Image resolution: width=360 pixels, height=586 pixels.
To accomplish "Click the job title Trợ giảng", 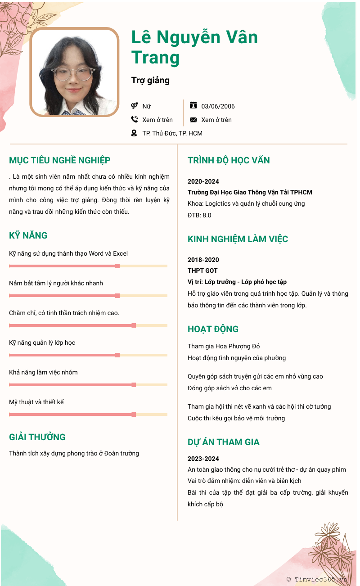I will point(150,81).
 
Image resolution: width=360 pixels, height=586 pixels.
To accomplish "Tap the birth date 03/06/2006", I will point(218,107).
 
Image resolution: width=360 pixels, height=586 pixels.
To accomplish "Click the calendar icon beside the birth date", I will point(193,105).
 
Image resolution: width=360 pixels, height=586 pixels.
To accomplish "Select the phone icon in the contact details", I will point(134,119).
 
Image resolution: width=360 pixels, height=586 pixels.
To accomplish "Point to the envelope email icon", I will point(193,120).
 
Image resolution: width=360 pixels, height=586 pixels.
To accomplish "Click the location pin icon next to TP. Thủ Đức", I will point(134,133).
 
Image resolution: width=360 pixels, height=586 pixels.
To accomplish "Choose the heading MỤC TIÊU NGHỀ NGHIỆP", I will point(60,160).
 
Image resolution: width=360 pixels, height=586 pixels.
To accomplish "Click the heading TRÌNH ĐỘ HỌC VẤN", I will point(229,160).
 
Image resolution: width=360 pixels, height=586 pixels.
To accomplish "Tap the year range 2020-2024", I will point(203,181).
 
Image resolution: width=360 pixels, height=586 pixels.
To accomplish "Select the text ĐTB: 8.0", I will point(199,215).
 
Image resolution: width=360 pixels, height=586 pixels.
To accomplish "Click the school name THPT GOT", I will point(202,270).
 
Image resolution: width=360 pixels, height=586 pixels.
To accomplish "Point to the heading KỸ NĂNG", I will point(28,235).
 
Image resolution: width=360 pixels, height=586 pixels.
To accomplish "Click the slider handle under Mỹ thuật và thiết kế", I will point(134,415).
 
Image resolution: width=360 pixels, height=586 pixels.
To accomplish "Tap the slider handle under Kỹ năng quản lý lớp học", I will point(117,355).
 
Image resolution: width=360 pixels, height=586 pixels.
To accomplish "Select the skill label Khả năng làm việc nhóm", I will point(43,372).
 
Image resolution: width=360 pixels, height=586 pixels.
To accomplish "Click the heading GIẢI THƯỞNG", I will point(37,437).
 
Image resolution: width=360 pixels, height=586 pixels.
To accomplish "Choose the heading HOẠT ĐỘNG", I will point(213,329).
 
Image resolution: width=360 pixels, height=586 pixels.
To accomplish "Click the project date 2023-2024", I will point(203,459).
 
